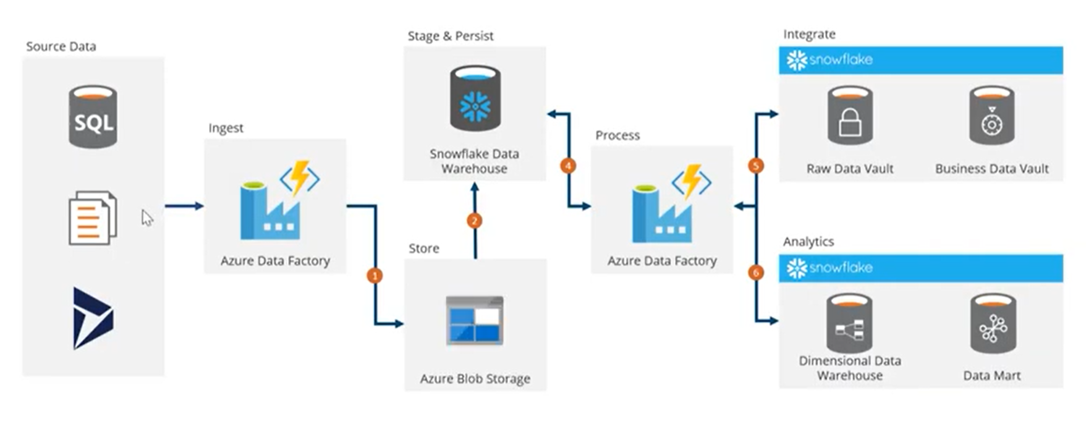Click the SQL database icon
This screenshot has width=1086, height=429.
pyautogui.click(x=93, y=117)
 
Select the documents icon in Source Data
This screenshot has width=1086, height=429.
pyautogui.click(x=92, y=218)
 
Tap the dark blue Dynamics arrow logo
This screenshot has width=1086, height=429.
pyautogui.click(x=93, y=318)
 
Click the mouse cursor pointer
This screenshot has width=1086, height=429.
pyautogui.click(x=146, y=218)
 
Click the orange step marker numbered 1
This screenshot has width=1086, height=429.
pyautogui.click(x=375, y=275)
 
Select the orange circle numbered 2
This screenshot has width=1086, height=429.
pyautogui.click(x=475, y=221)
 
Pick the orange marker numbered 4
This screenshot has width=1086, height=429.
pyautogui.click(x=568, y=166)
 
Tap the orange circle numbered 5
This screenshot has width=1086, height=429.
pyautogui.click(x=755, y=166)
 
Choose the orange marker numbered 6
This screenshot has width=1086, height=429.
pyautogui.click(x=755, y=273)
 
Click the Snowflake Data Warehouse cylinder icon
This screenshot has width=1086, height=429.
pyautogui.click(x=475, y=99)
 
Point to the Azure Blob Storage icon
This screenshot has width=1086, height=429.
pyautogui.click(x=475, y=320)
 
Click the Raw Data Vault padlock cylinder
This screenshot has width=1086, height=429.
pyautogui.click(x=850, y=116)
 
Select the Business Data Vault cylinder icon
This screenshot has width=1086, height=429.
pyautogui.click(x=991, y=116)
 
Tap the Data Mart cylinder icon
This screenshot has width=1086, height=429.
pyautogui.click(x=993, y=323)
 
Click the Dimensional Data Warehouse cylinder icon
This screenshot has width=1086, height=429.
pyautogui.click(x=849, y=323)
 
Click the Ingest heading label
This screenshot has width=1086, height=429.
pyautogui.click(x=226, y=128)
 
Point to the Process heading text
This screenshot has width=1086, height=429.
pyautogui.click(x=617, y=135)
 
